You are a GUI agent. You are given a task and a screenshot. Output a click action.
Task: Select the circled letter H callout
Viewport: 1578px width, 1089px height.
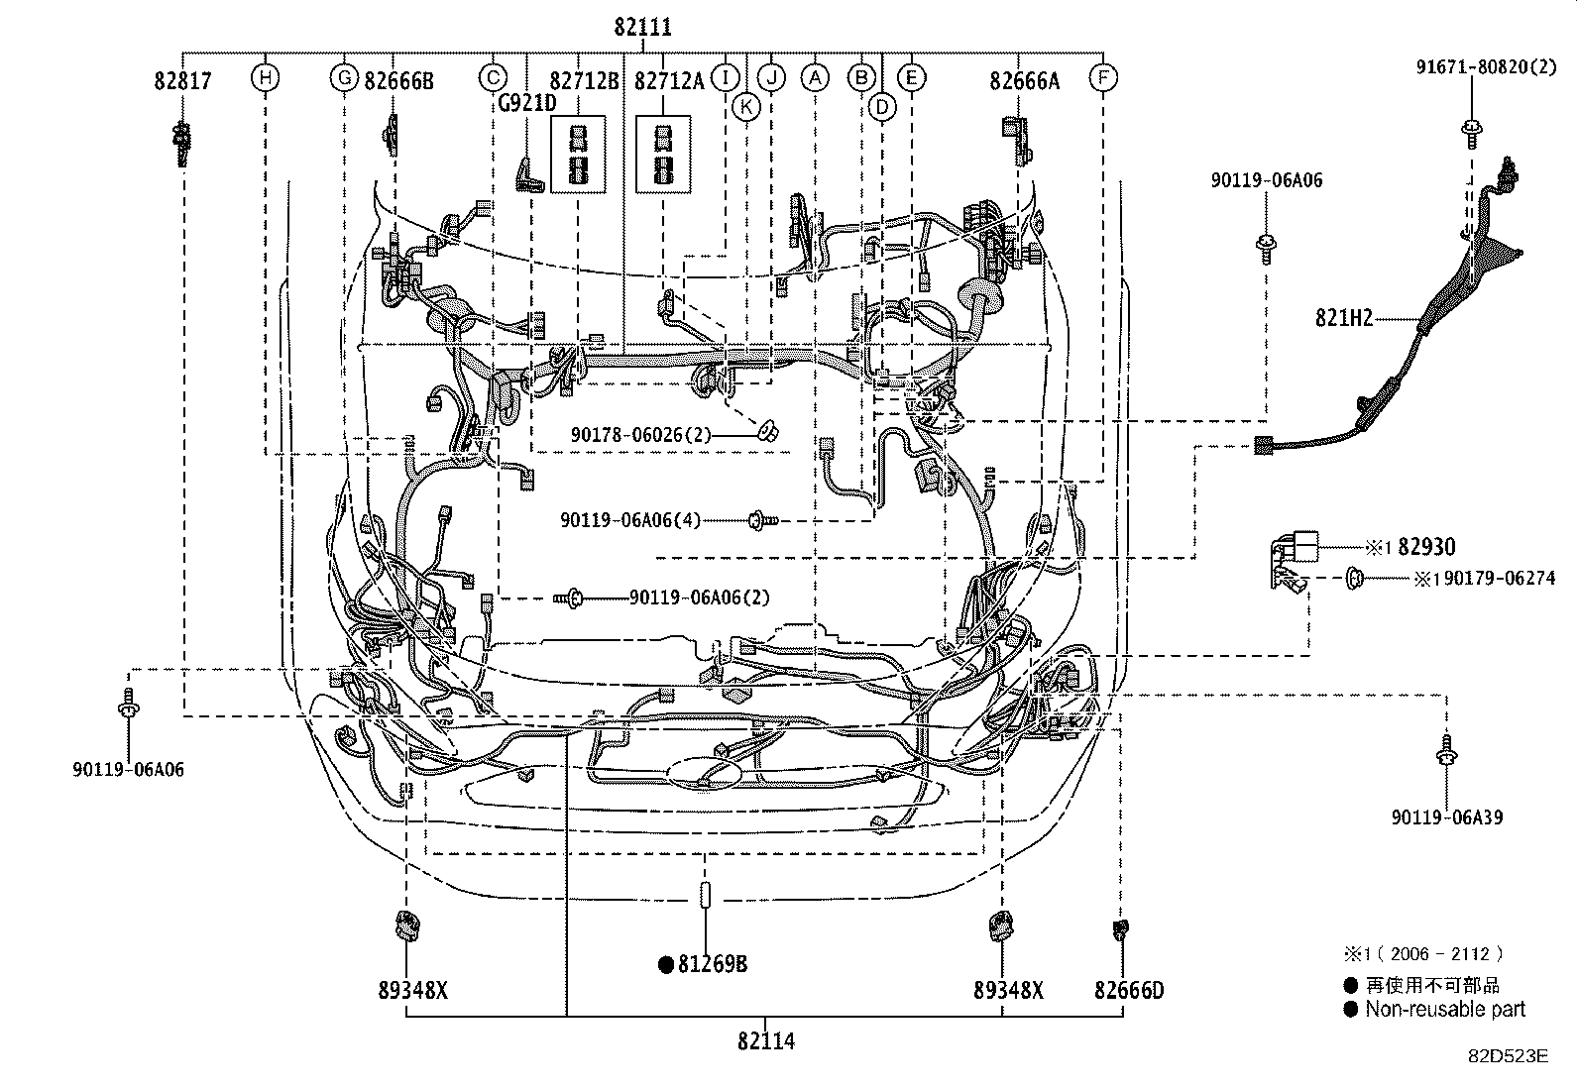pos(265,77)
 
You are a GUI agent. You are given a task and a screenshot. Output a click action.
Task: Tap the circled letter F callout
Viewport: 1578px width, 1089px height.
pos(1102,77)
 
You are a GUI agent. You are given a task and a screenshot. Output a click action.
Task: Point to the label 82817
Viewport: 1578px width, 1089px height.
pos(182,80)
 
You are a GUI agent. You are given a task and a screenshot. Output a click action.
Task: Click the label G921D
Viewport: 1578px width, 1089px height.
pos(526,102)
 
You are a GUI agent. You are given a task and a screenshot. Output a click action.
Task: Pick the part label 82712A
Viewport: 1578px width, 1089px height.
pos(669,80)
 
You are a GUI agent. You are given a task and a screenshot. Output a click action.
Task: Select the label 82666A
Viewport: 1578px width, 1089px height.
pos(1023,80)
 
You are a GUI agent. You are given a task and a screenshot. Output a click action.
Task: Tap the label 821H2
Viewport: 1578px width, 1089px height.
pos(1344,318)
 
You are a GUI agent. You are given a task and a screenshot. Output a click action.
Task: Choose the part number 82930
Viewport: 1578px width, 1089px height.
pos(1426,547)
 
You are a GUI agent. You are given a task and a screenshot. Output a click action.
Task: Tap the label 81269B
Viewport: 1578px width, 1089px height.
pos(713,963)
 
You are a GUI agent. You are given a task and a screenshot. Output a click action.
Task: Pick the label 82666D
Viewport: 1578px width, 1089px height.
pos(1129,989)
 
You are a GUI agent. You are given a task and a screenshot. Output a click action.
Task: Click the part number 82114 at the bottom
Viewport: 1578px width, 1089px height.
pos(765,1040)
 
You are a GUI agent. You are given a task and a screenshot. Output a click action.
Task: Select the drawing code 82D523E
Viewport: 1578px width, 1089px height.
pos(1508,1055)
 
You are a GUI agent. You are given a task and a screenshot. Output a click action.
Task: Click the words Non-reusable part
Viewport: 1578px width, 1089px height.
pos(1445,1009)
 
